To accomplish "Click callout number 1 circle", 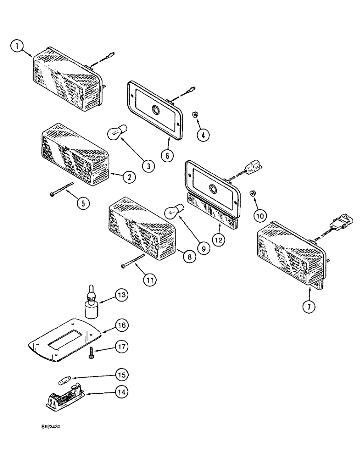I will tap(17, 46).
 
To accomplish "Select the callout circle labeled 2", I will tap(129, 177).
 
